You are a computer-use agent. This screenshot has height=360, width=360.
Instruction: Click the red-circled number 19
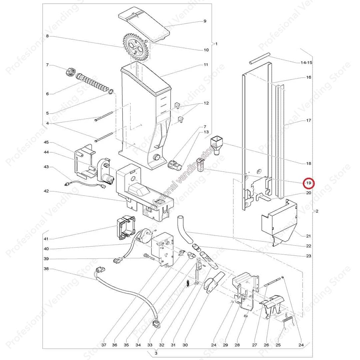tap(309, 183)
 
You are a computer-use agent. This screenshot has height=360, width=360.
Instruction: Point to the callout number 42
tap(46, 191)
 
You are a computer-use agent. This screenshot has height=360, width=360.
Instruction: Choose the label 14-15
tap(306, 63)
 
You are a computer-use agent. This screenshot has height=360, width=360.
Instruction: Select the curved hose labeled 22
tap(185, 230)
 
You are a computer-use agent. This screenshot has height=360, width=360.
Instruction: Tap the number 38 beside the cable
tap(46, 269)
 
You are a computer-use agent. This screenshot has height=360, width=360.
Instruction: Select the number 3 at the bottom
tap(156, 353)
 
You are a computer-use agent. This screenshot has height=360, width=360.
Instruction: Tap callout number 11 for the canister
tap(206, 65)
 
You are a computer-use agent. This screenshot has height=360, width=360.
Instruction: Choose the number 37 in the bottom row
tap(104, 345)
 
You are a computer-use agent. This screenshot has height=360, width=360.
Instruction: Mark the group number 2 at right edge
tap(317, 211)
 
